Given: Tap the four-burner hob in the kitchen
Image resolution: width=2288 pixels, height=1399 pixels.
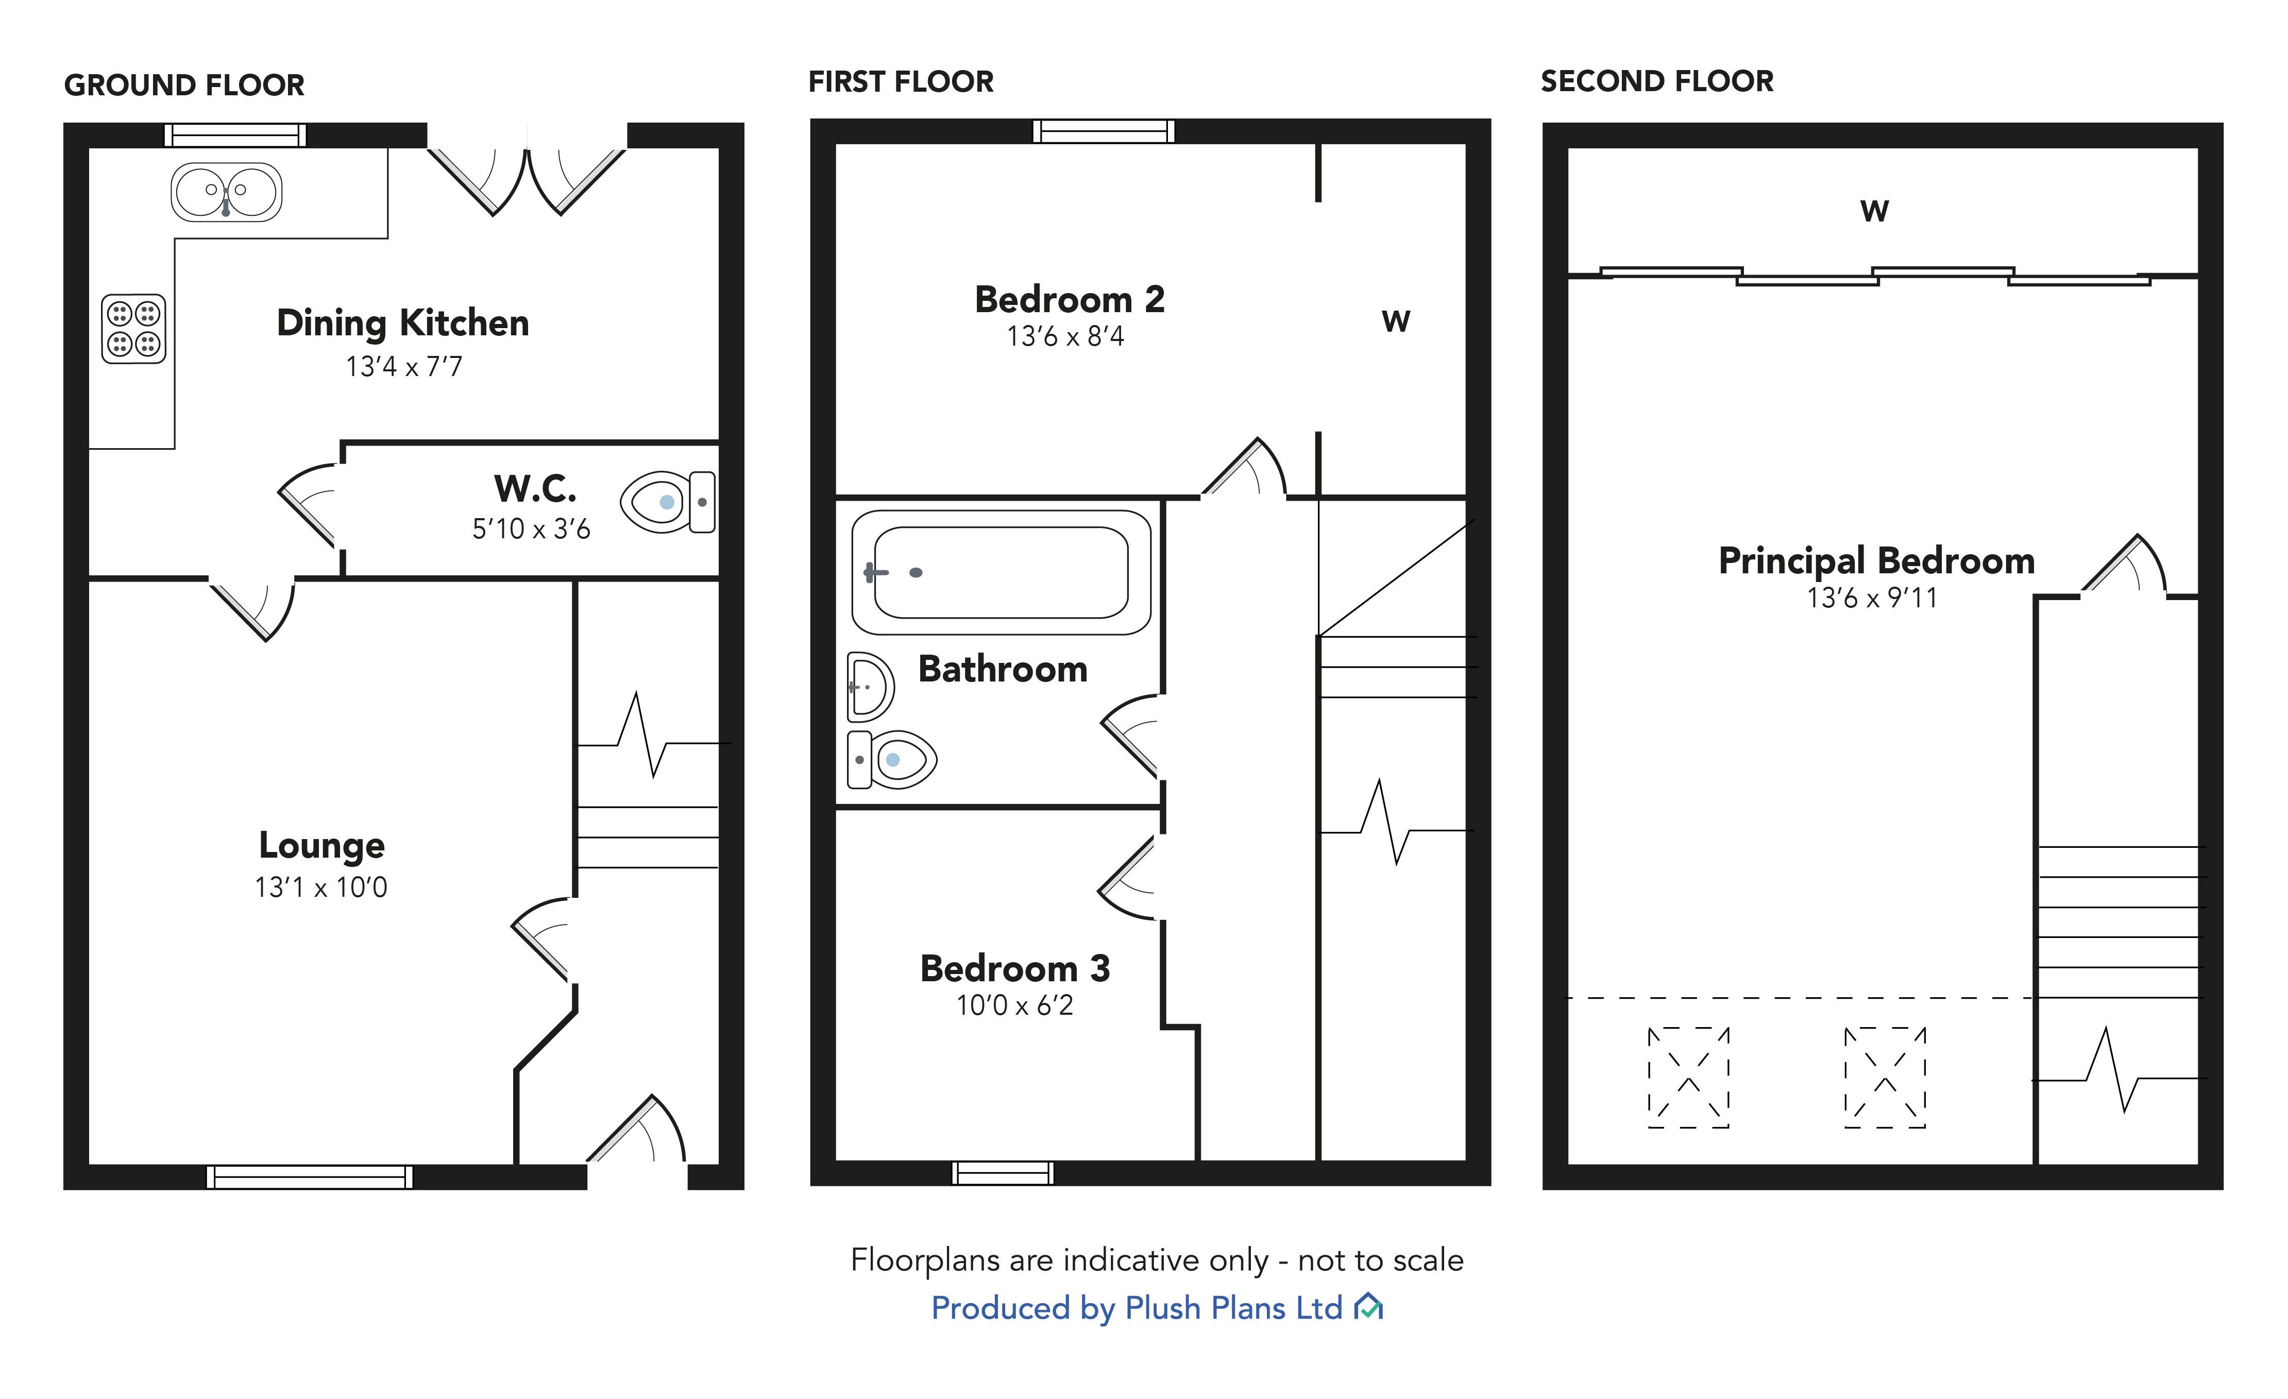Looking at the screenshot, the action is [x=134, y=329].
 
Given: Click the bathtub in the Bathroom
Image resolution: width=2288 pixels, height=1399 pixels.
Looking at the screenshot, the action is [x=1001, y=573].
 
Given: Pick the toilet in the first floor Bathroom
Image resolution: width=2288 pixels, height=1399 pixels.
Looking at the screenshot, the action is [x=891, y=759].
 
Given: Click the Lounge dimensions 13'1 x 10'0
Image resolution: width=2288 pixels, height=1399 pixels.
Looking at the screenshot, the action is [x=321, y=888].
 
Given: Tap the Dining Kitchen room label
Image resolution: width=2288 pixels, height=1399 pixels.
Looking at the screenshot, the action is [x=403, y=323].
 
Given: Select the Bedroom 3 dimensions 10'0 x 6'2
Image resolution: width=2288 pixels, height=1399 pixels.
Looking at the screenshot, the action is [x=1015, y=1005].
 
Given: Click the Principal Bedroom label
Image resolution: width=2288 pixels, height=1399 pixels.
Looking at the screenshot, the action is [x=1877, y=561].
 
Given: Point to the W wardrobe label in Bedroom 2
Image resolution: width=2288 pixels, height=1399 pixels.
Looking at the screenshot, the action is [x=1396, y=321].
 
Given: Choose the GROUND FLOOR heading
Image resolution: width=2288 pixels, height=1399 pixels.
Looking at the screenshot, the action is [x=184, y=86].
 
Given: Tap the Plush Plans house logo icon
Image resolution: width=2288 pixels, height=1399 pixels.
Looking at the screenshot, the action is [x=1369, y=1307].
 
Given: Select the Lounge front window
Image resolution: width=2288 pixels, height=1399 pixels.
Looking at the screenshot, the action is [x=309, y=1177].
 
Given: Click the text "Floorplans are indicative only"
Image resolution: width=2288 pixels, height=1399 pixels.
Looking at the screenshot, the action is [x=1059, y=1260].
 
